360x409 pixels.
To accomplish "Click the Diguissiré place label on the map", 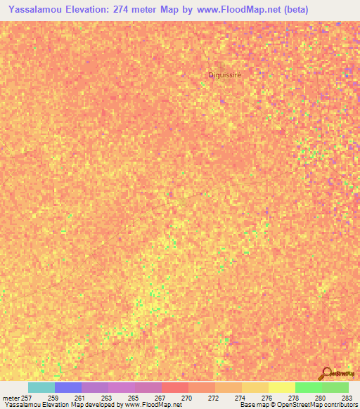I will coord(225,74).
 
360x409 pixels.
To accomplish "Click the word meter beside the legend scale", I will coord(11,398).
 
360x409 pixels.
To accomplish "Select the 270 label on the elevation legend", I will coord(188,398).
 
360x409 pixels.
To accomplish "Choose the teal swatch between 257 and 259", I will coord(41,387).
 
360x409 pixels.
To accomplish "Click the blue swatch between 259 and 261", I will coord(67,387).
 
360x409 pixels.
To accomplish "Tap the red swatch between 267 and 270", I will coord(174,387).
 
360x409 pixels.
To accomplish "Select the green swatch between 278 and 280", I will coord(308,387).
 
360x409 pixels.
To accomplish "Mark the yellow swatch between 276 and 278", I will coord(281,387).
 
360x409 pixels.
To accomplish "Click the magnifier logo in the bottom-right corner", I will coord(326,373).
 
